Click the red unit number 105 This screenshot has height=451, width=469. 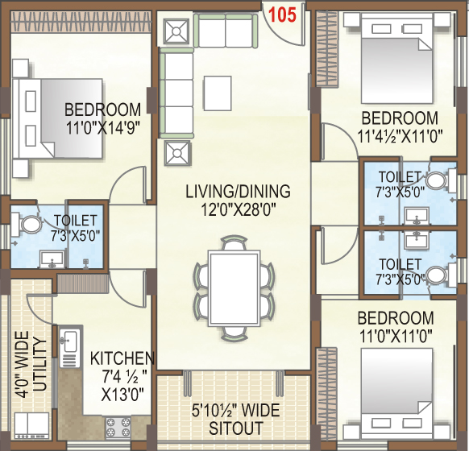click(x=282, y=15)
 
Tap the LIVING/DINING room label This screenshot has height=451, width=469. click(x=238, y=192)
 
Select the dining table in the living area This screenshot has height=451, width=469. click(x=234, y=288)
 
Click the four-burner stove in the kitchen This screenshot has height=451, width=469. click(x=118, y=428)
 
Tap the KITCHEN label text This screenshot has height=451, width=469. click(x=122, y=358)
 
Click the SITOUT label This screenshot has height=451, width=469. click(x=235, y=428)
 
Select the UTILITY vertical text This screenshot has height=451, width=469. click(x=40, y=364)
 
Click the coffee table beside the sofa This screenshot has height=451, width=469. click(x=218, y=93)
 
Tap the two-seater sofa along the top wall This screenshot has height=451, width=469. click(x=226, y=31)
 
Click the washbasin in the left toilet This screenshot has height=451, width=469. click(x=52, y=259)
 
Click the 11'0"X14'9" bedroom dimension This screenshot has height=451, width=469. click(x=103, y=128)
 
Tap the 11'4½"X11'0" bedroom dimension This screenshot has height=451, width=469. click(x=400, y=136)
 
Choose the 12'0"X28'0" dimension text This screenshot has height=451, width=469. click(x=238, y=210)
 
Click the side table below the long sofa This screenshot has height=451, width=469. click(x=177, y=153)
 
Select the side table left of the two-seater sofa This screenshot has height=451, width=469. click(x=176, y=31)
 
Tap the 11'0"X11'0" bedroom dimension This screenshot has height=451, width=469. click(x=396, y=337)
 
